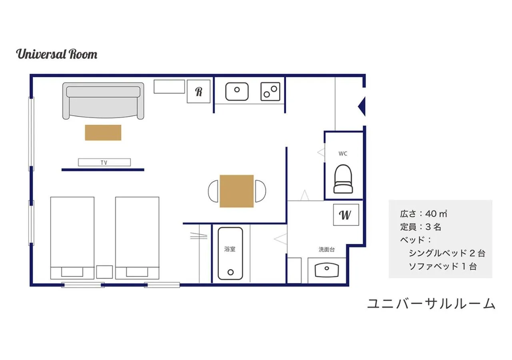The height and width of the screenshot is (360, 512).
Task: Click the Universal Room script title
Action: (x=57, y=54)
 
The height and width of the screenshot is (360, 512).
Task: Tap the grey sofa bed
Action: (x=103, y=101)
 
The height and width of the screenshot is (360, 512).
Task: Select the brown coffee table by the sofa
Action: (x=103, y=132)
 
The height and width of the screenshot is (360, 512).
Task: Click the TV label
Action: (x=104, y=162)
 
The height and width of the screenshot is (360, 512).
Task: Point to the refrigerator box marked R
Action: (x=199, y=92)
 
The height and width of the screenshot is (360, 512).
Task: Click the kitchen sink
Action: (x=237, y=92)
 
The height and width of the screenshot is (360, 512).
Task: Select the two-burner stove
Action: (x=270, y=92)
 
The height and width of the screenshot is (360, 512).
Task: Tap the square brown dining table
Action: (x=236, y=191)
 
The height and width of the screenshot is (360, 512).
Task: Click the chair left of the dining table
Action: (x=213, y=191)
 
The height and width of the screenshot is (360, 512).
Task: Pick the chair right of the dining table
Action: (x=260, y=191)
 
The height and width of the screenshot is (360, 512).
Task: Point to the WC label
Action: (x=343, y=154)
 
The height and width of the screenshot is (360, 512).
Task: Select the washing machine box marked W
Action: (x=346, y=215)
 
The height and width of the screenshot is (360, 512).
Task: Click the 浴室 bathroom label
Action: (x=230, y=249)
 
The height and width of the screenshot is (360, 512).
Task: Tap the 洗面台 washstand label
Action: (x=327, y=249)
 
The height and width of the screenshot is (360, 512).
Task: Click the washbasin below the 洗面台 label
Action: (x=327, y=270)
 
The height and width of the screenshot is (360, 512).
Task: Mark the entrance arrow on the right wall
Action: (x=362, y=106)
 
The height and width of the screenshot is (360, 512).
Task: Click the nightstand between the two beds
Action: (x=104, y=272)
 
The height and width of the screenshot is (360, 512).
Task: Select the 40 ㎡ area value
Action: (x=436, y=214)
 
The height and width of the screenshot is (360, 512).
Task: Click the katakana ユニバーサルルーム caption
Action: (x=431, y=304)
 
